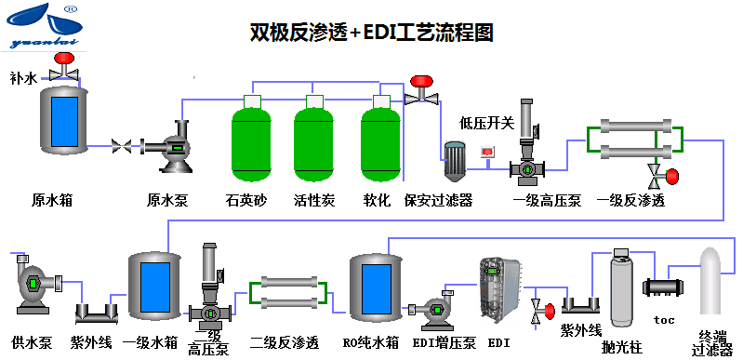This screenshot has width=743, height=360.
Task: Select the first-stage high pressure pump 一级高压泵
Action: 527,149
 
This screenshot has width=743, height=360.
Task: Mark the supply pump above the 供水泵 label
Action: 32,280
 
